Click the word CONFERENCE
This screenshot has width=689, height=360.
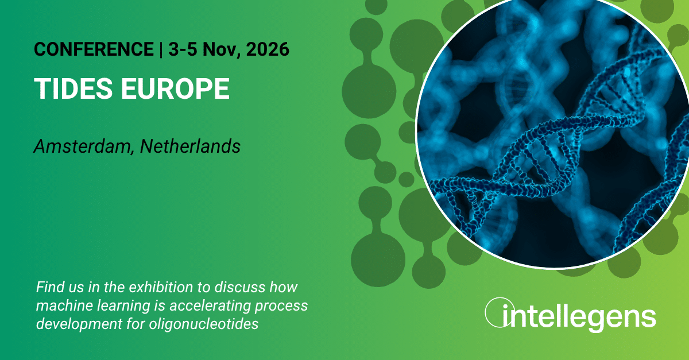(x=94, y=49)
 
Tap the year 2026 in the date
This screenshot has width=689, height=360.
(x=268, y=49)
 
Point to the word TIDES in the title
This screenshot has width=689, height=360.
(x=73, y=88)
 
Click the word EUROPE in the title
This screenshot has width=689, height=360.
(x=175, y=88)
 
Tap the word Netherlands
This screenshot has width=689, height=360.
(x=190, y=146)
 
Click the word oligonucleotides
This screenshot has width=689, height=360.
(x=204, y=324)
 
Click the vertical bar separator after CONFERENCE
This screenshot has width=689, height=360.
(x=161, y=49)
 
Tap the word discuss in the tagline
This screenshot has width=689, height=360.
(x=240, y=287)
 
